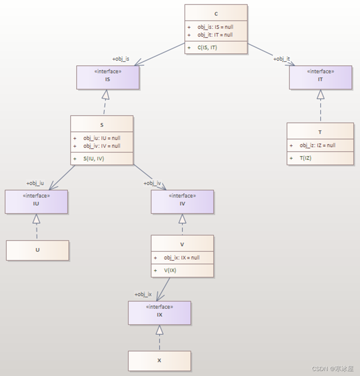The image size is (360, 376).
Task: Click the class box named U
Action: tap(37, 250)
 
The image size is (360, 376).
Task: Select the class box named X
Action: tap(159, 361)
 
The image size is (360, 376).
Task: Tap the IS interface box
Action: tap(108, 77)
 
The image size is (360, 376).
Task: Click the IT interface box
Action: tap(320, 77)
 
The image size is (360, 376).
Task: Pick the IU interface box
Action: tap(36, 202)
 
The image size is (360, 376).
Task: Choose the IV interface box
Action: tap(182, 202)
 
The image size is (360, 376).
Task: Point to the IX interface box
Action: tap(159, 313)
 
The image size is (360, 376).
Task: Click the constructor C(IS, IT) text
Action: tap(207, 47)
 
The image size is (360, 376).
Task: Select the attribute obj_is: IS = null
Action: tap(215, 27)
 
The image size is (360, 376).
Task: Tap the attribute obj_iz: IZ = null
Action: tap(317, 145)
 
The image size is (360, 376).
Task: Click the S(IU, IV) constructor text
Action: tap(93, 158)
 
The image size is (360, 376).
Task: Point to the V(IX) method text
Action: tap(170, 270)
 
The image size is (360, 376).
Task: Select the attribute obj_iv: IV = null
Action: tap(102, 146)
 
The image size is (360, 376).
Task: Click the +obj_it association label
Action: tap(282, 59)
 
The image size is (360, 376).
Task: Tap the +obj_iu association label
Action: tap(35, 183)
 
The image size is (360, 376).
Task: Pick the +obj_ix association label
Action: tap(143, 294)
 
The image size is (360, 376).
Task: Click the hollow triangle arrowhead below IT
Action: tap(320, 94)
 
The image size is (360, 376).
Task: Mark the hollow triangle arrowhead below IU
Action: tap(36, 219)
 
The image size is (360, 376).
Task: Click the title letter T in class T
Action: tap(320, 132)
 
